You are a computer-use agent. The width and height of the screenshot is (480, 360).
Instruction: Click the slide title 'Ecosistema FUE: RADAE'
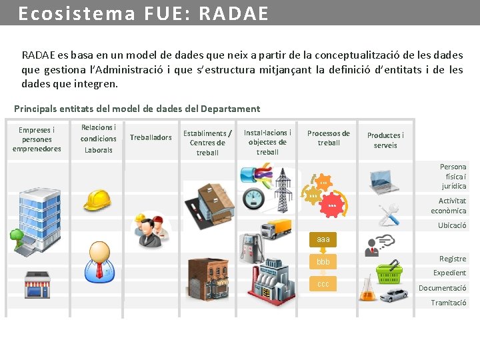pyautogui.click(x=143, y=13)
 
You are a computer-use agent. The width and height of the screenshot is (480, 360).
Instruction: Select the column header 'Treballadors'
pyautogui.click(x=151, y=137)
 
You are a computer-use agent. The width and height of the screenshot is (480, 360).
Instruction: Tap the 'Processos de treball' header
pyautogui.click(x=329, y=138)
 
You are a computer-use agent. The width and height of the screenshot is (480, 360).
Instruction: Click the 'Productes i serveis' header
pyautogui.click(x=385, y=140)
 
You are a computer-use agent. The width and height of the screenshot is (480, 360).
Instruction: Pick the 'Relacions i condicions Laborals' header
pyautogui.click(x=98, y=139)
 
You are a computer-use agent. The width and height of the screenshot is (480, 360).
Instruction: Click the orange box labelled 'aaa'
pyautogui.click(x=323, y=239)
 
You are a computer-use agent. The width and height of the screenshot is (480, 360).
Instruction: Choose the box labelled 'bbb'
pyautogui.click(x=323, y=261)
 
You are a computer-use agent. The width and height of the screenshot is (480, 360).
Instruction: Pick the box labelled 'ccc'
pyautogui.click(x=323, y=284)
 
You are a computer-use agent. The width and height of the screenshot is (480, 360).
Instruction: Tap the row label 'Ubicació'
pyautogui.click(x=452, y=225)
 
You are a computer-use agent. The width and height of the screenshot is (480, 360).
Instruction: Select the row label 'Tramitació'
pyautogui.click(x=449, y=303)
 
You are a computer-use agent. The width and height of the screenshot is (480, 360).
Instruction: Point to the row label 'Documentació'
pyautogui.click(x=442, y=288)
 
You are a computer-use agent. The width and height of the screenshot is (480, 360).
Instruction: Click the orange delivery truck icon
pyautogui.click(x=276, y=229)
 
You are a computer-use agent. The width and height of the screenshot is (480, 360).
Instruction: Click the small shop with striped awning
pyautogui.click(x=37, y=285)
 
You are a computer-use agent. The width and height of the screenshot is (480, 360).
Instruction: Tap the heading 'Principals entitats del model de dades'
pyautogui.click(x=137, y=109)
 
